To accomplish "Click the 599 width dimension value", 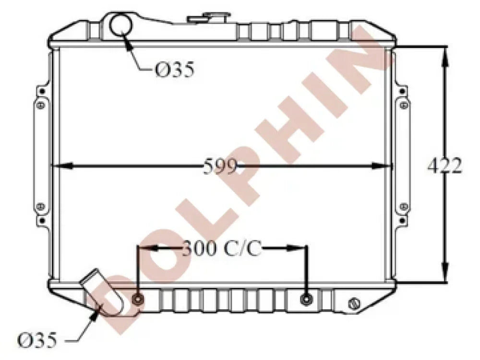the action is (220, 166).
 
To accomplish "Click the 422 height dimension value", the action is (444, 166).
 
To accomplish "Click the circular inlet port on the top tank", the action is (120, 25).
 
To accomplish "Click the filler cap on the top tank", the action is (209, 18).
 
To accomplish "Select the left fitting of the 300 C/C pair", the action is (138, 299).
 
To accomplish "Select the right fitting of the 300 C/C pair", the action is (306, 299).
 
